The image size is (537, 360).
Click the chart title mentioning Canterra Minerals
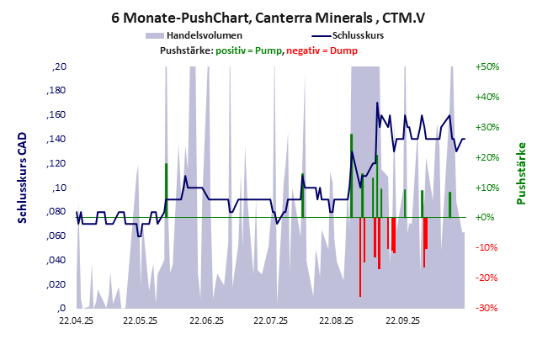268,16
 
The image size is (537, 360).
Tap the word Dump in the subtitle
343,51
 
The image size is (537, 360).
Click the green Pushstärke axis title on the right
522,173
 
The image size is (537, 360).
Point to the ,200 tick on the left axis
60,66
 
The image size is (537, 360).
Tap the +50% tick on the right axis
489,66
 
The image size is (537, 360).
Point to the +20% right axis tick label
489,157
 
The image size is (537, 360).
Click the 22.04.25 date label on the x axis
76,320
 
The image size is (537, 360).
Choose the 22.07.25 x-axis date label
270,320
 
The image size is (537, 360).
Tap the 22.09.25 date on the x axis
401,320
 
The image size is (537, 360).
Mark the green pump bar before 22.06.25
167,190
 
